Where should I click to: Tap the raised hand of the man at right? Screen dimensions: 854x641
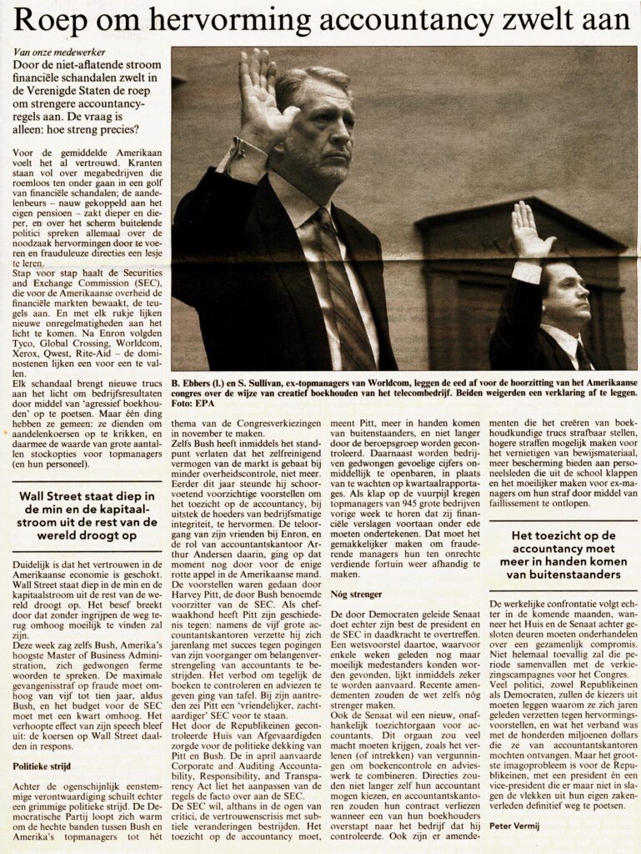point(529,229)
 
